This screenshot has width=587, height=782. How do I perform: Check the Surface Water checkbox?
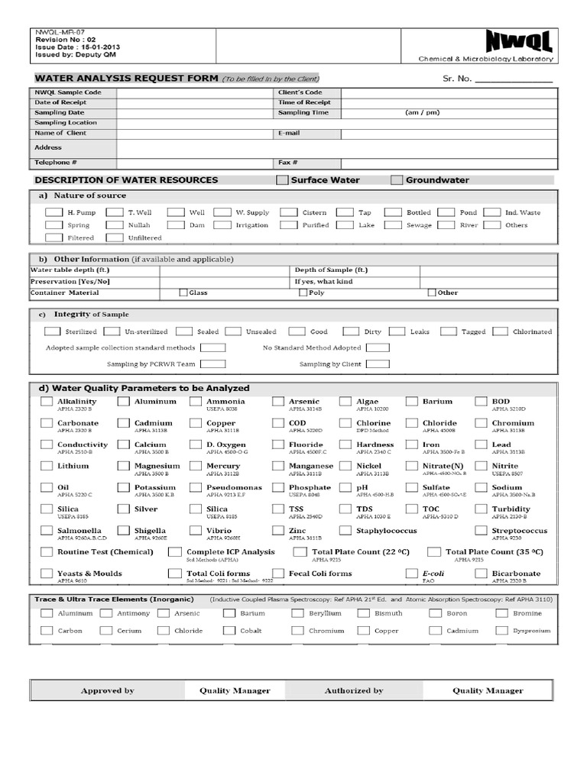tap(283, 180)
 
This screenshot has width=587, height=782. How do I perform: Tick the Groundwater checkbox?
tap(397, 180)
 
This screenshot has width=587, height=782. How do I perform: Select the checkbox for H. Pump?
tap(52, 212)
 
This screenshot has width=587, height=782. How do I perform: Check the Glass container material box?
tap(183, 292)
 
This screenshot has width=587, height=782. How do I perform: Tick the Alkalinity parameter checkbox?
tap(47, 402)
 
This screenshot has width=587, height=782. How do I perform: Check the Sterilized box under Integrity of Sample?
tap(52, 331)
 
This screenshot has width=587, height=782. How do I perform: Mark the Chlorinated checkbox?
tap(501, 331)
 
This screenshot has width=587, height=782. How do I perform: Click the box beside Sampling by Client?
tap(378, 364)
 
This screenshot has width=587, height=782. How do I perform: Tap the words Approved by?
tap(107, 690)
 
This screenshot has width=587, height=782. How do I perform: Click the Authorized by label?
tap(353, 690)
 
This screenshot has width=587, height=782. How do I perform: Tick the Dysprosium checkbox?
tap(502, 631)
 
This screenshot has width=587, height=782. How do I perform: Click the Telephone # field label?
tap(56, 163)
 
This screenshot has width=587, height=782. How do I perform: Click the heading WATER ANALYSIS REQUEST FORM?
tap(127, 79)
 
